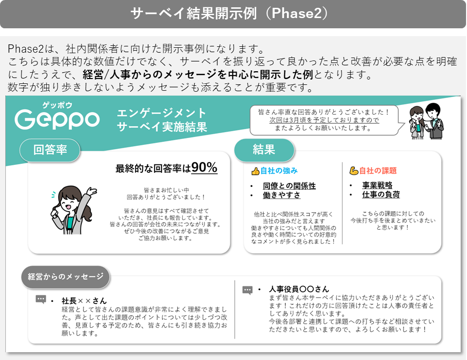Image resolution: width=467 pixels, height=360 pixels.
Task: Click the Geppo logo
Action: [57, 120]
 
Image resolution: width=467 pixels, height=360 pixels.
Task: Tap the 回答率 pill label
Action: [50, 150]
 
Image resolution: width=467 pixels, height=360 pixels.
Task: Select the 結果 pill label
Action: [264, 150]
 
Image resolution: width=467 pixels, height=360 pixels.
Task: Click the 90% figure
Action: [204, 167]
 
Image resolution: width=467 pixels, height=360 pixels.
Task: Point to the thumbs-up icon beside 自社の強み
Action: [255, 171]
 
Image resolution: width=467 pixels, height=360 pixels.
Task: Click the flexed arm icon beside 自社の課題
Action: [354, 171]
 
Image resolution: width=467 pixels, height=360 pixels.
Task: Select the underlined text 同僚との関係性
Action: [289, 186]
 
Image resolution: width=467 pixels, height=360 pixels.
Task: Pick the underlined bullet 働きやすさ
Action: [282, 195]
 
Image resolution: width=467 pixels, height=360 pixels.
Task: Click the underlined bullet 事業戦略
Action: [377, 185]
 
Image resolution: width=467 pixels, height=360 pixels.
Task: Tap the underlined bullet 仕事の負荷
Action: [381, 195]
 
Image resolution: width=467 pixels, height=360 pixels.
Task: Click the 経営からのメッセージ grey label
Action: [65, 277]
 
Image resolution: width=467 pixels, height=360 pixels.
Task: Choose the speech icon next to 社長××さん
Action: [41, 299]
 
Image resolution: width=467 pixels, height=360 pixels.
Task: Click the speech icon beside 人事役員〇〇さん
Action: [247, 290]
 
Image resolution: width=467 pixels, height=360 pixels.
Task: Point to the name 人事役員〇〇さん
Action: [299, 289]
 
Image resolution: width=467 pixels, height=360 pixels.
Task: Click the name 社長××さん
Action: [84, 301]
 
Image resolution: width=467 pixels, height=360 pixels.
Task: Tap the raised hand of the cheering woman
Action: [92, 191]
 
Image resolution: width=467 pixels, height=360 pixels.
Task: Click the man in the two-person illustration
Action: [434, 120]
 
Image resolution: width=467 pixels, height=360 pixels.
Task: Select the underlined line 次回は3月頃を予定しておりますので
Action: [325, 120]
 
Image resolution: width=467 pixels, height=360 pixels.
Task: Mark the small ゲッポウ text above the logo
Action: [57, 105]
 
